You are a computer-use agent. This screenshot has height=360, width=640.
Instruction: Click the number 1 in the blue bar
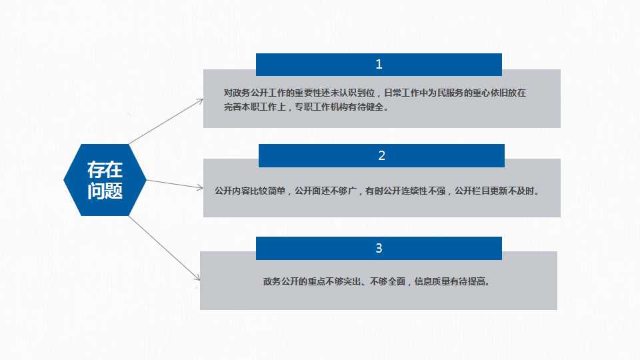coord(379,65)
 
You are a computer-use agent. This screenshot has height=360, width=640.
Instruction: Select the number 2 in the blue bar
coord(381,155)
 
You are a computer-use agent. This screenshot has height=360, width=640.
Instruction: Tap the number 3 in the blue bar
coord(379,248)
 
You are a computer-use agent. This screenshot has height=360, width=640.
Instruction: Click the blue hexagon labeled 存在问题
coord(105,180)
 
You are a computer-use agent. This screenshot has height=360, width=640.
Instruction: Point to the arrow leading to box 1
coord(166,121)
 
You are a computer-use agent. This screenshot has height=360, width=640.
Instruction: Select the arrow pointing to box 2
coord(175,184)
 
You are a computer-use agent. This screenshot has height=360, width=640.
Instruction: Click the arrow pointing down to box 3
coord(165,249)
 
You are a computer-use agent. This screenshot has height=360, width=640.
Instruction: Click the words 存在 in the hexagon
coord(105,170)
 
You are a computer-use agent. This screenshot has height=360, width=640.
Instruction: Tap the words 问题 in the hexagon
coord(105,191)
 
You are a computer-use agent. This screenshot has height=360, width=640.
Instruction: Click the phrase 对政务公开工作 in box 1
coord(255,93)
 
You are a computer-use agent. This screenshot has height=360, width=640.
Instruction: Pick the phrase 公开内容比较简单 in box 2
coord(250,191)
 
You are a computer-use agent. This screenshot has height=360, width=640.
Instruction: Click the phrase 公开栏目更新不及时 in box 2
coord(494,191)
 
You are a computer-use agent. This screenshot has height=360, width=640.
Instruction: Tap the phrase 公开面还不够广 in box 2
coord(326,191)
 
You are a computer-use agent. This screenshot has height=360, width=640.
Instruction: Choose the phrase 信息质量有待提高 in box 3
coord(449,281)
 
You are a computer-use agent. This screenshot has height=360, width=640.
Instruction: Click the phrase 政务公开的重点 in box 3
coord(294,281)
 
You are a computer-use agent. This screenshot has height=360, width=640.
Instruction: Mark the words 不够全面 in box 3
coord(388,281)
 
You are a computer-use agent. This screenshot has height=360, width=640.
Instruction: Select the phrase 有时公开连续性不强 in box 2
coord(405,191)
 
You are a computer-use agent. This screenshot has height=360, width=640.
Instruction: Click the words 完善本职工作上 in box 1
coord(255,107)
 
